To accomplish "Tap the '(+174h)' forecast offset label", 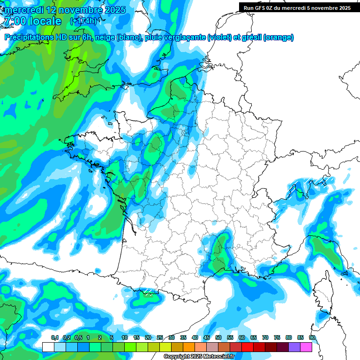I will (x=84, y=21).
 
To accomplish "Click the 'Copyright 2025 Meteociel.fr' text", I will (x=199, y=357).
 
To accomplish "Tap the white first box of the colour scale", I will (x=48, y=347).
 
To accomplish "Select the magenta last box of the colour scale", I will (x=306, y=347).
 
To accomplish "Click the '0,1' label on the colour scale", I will (x=54, y=338).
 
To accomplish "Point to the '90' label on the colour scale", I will (x=312, y=338).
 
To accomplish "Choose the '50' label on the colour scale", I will (x=218, y=338).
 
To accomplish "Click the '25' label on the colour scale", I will (x=160, y=338).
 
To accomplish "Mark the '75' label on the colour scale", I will (x=277, y=338).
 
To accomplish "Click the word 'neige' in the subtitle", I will (x=105, y=37).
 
